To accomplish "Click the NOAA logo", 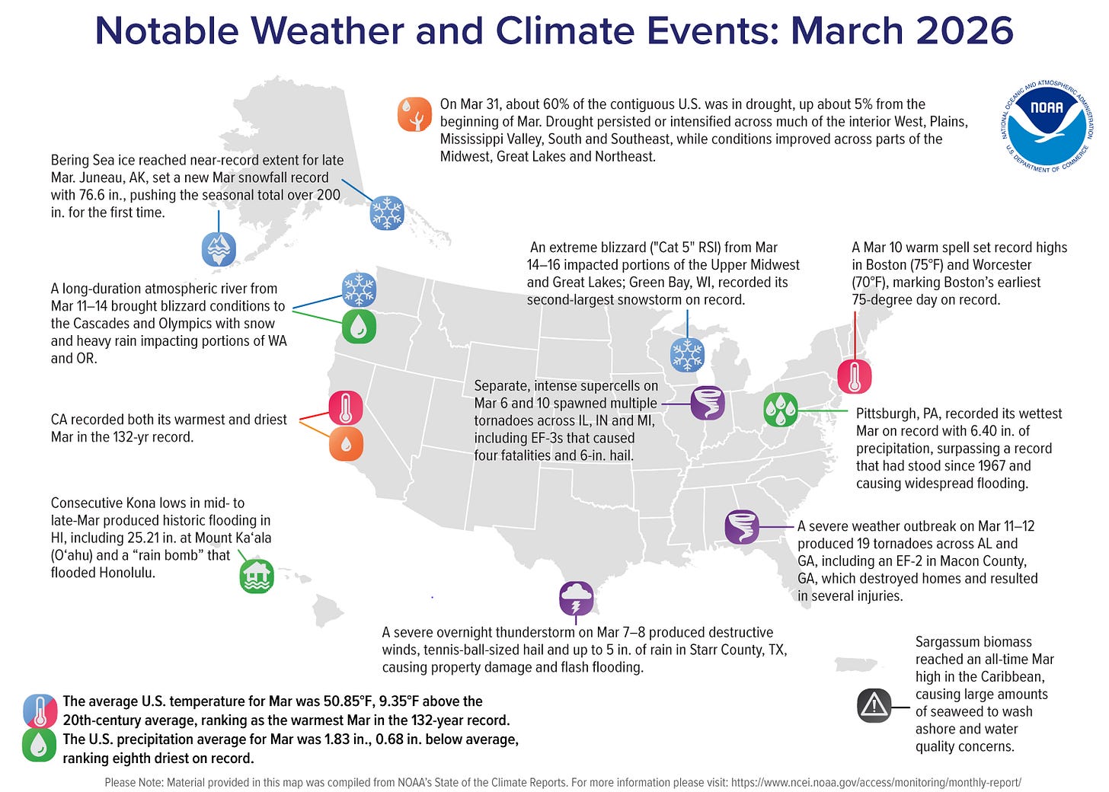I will [x=1047, y=126].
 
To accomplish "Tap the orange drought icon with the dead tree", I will [x=414, y=114].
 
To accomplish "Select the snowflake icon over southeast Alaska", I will [x=386, y=212].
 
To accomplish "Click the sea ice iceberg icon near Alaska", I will [x=219, y=249].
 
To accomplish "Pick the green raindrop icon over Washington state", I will [x=359, y=326].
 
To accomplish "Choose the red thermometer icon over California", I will [x=345, y=407].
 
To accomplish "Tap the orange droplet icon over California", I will [x=346, y=444].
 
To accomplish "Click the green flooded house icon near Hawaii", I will [x=257, y=576].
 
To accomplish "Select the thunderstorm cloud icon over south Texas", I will [x=576, y=599].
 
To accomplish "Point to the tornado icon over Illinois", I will [x=707, y=403].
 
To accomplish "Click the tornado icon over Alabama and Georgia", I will [x=741, y=527].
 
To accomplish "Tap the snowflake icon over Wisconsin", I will [x=687, y=355].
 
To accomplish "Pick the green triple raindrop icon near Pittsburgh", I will [x=780, y=410].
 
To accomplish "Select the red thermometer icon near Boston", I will [x=854, y=376].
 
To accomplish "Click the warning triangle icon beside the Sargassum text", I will [x=874, y=705].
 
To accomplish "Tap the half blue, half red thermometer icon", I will [x=40, y=711].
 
